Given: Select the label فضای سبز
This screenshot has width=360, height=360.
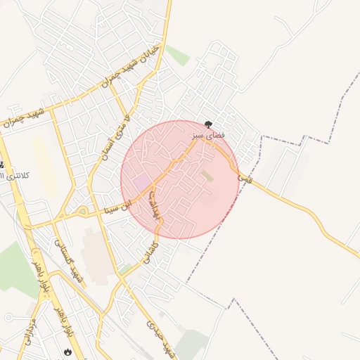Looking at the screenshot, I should (x=208, y=133).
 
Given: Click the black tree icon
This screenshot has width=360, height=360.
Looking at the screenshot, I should (x=208, y=123).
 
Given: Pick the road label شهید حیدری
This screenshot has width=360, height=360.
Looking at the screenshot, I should (x=159, y=335).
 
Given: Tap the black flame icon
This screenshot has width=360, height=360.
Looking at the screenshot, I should (x=67, y=349).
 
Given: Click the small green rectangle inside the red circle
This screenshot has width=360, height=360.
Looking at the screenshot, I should (x=207, y=175).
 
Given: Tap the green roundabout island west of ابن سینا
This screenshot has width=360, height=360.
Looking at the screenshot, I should (x=82, y=211).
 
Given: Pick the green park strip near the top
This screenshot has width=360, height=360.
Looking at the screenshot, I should (x=177, y=55).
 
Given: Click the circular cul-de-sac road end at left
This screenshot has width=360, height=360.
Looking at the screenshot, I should (x=8, y=317).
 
